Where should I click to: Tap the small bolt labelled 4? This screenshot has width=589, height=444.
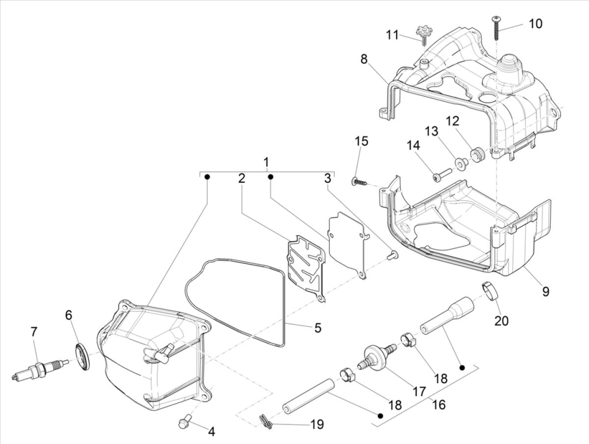point(185,421)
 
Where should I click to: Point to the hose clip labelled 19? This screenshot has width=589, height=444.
point(265,420)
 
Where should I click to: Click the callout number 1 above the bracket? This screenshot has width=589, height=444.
point(266,162)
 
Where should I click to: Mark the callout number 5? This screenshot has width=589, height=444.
point(318,327)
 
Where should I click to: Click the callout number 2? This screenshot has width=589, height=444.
point(241,179)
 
